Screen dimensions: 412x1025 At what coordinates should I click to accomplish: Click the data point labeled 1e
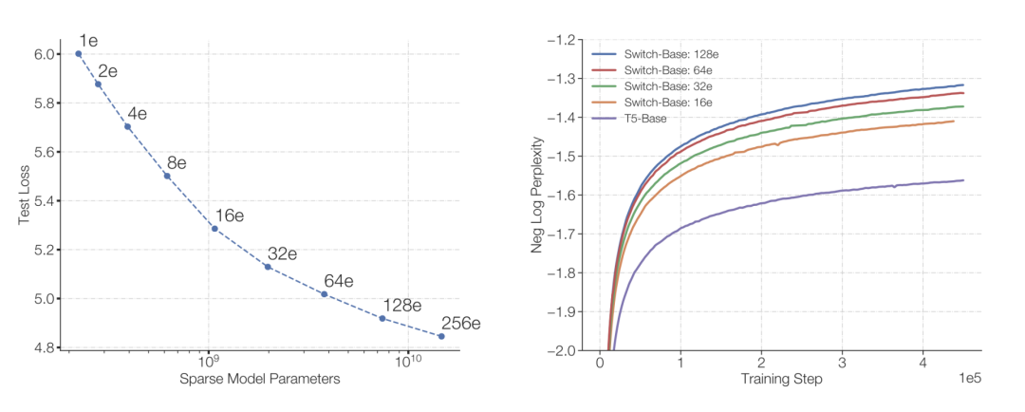pyautogui.click(x=79, y=54)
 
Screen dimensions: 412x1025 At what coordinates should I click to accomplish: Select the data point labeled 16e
pyautogui.click(x=214, y=229)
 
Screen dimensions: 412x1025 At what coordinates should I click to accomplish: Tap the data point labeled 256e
pyautogui.click(x=441, y=336)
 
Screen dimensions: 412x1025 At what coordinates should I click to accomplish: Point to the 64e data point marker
pyautogui.click(x=324, y=294)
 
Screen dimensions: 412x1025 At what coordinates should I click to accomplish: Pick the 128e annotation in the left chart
pyautogui.click(x=402, y=306)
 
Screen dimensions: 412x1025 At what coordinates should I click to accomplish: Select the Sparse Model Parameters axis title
pyautogui.click(x=259, y=380)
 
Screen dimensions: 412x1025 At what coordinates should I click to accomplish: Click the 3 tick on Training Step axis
pyautogui.click(x=842, y=363)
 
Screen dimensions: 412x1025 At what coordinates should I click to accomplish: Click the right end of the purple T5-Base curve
pyautogui.click(x=963, y=180)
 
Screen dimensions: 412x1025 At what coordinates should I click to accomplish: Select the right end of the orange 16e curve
pyautogui.click(x=954, y=122)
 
